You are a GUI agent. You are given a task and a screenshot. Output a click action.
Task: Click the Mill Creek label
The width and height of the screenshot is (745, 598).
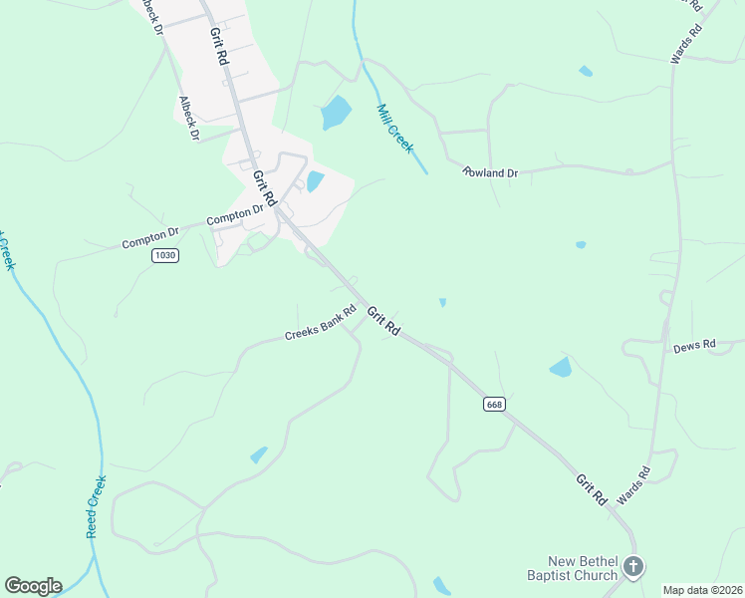click(x=395, y=128)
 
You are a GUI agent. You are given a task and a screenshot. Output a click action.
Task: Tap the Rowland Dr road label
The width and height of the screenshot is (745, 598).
click(x=491, y=172)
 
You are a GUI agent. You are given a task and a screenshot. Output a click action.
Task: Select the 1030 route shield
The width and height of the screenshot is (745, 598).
click(x=165, y=256)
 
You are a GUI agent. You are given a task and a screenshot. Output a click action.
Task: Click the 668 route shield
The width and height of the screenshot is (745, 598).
click(x=494, y=404)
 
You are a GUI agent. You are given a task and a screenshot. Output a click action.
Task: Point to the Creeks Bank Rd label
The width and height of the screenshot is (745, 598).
click(x=321, y=323)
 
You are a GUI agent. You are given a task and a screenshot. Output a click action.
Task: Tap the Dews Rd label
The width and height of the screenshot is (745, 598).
click(x=694, y=346)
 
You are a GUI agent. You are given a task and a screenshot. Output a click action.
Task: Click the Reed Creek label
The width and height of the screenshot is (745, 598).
click(x=96, y=506)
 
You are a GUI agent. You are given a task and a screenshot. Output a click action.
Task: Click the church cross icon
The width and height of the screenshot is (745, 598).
click(x=632, y=568)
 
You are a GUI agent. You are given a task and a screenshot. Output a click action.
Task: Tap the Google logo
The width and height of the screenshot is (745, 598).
click(x=33, y=586)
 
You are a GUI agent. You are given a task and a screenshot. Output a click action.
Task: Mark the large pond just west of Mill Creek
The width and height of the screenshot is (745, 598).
click(x=336, y=113)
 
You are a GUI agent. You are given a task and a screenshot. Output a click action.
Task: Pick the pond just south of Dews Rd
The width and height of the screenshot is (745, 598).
click(x=561, y=367)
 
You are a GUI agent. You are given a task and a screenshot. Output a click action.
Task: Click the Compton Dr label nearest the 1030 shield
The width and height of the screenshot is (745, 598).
click(x=149, y=239)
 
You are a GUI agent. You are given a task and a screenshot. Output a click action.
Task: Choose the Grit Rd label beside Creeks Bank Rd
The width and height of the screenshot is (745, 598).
click(x=382, y=321)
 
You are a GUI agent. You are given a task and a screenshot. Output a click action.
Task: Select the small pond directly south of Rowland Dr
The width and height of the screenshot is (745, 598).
click(x=581, y=244)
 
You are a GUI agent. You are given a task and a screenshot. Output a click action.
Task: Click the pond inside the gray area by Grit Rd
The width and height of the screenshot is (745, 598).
click(x=315, y=181)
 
